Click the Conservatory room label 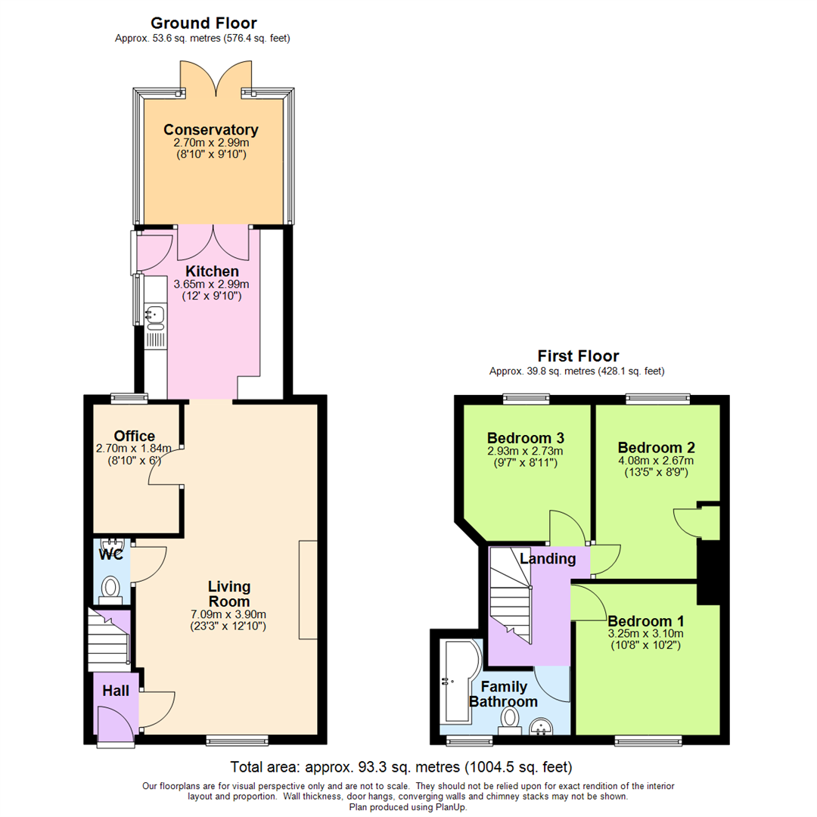click(211, 129)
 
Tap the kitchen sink click(155, 313)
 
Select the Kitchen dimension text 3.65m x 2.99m click(211, 284)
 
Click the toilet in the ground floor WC click(111, 586)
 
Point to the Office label click(135, 436)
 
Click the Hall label click(116, 691)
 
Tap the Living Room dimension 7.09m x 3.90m click(229, 614)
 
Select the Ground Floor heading click(203, 23)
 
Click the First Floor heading click(578, 356)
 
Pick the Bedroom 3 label click(525, 438)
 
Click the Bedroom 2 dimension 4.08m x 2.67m click(656, 460)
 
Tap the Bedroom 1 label click(645, 620)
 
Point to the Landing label click(548, 559)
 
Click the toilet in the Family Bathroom click(511, 719)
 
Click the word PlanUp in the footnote click(450, 807)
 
